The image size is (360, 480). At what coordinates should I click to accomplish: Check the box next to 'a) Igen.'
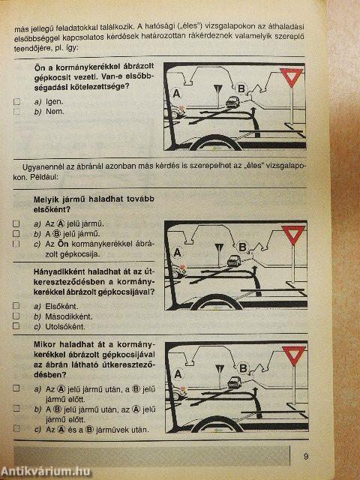coord(16,100)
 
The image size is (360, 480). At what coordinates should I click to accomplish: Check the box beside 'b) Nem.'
coord(16,111)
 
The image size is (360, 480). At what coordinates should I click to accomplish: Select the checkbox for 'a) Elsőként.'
coord(16,306)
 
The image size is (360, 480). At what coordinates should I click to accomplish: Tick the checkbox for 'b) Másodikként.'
coord(16,316)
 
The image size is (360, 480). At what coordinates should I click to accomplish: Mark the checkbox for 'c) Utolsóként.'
coord(16,326)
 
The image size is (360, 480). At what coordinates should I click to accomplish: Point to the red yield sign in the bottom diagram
coord(295,355)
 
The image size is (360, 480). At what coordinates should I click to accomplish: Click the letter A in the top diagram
coord(176,94)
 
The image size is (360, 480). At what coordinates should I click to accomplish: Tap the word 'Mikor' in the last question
coord(47,346)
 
